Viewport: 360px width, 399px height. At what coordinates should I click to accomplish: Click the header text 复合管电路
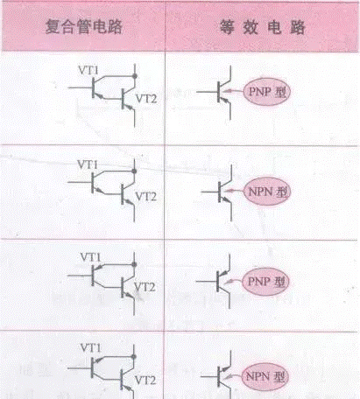[84, 26]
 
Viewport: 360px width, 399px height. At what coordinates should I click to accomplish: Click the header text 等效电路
[263, 27]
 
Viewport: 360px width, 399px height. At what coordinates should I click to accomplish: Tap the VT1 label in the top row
[88, 70]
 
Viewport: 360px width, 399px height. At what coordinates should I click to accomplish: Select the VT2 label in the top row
[146, 99]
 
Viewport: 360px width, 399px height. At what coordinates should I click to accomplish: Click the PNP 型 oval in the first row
[267, 92]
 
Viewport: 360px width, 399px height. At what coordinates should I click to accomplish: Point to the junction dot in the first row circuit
[135, 76]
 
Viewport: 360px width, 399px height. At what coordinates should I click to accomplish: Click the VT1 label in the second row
[88, 164]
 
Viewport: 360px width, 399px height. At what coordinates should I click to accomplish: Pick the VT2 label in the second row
[146, 197]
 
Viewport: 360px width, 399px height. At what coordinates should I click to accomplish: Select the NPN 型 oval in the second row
[267, 192]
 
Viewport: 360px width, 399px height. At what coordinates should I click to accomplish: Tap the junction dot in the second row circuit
[134, 171]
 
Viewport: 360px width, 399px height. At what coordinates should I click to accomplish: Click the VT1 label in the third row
[90, 257]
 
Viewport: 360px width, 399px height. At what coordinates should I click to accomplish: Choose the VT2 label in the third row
[145, 287]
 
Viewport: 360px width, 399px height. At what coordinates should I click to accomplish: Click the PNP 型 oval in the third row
[265, 282]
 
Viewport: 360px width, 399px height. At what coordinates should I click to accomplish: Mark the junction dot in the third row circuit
[134, 264]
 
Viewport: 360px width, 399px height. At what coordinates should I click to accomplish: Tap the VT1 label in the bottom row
[90, 347]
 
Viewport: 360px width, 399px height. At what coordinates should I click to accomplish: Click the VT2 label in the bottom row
[145, 380]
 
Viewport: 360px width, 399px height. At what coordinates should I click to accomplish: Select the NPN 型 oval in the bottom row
[265, 376]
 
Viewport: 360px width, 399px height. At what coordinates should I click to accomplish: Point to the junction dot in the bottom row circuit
[134, 356]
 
